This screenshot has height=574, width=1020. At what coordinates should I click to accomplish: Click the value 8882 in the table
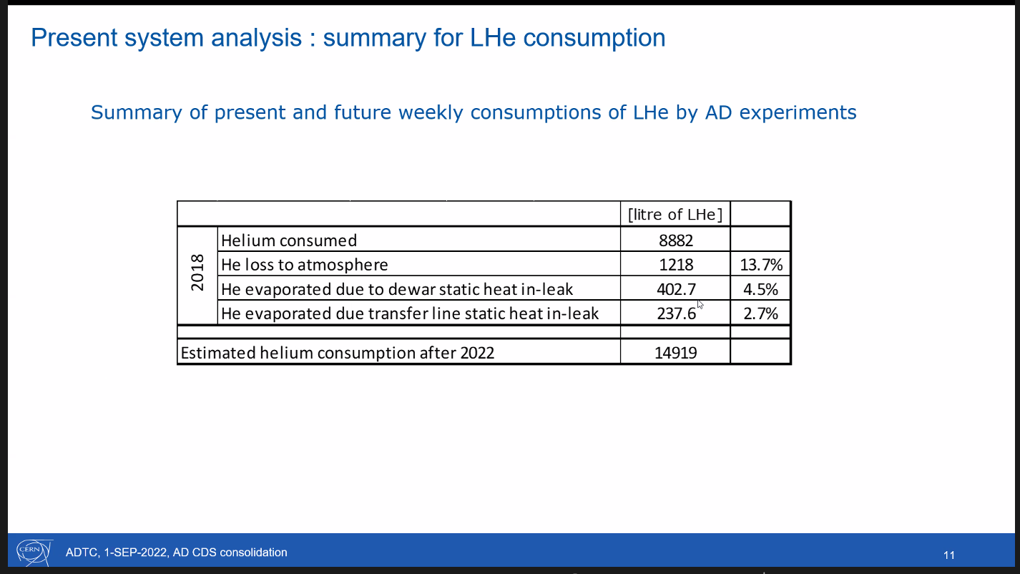click(676, 241)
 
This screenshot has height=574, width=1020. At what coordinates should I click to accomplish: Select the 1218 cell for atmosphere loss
click(676, 265)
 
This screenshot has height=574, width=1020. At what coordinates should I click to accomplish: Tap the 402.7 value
click(676, 289)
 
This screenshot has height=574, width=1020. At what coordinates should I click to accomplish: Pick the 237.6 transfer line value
click(676, 313)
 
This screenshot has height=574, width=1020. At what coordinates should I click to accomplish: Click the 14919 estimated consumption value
click(676, 352)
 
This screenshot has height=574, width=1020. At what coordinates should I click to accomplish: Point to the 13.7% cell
click(761, 265)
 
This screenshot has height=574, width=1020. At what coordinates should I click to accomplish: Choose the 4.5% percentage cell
click(761, 289)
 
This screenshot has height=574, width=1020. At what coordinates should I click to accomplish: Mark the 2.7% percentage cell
click(761, 313)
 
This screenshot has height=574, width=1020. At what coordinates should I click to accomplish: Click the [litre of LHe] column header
click(675, 214)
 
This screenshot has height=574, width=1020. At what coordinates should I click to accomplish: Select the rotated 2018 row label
click(198, 272)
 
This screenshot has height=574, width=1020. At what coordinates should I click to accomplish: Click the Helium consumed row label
click(289, 241)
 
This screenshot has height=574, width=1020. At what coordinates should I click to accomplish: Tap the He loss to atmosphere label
click(305, 265)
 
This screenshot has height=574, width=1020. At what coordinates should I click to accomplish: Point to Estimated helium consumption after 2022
click(337, 352)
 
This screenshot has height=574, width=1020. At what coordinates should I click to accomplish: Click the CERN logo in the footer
click(34, 552)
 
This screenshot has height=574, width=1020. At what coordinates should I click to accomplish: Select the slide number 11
click(949, 555)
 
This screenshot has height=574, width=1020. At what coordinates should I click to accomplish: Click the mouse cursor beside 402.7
click(700, 304)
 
